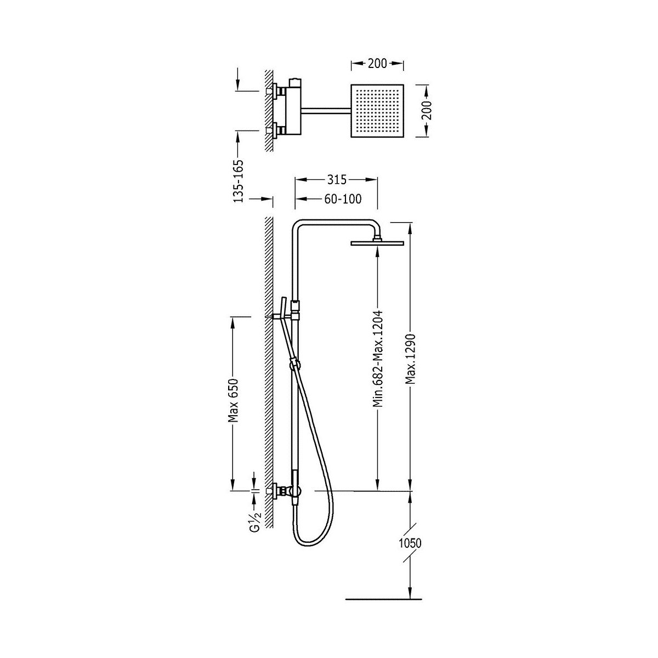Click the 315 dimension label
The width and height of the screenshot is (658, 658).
click(337, 180)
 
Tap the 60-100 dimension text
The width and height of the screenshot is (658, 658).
click(343, 198)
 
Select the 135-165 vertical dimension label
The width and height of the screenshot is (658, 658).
click(239, 181)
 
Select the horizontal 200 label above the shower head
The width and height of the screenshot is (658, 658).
click(377, 63)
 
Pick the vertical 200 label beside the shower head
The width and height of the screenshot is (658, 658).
click(427, 110)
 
